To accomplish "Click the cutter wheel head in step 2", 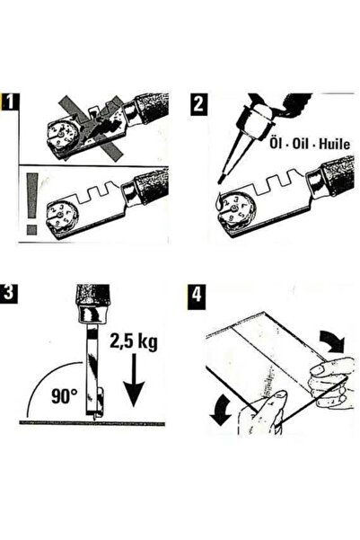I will click(x=236, y=212).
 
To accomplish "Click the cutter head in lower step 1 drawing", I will click(x=65, y=216).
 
